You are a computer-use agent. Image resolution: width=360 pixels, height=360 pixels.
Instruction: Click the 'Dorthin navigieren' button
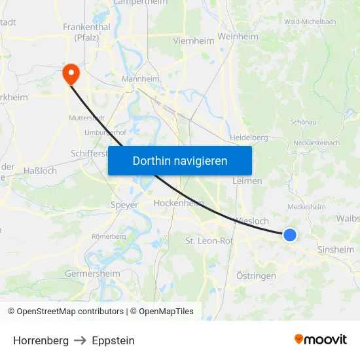point(180,160)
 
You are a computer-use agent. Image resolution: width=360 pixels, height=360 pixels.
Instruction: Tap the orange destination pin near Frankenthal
point(70,73)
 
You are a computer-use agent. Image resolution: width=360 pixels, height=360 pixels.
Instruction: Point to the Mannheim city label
point(141,79)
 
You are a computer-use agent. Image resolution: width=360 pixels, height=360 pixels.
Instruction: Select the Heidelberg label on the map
point(249,137)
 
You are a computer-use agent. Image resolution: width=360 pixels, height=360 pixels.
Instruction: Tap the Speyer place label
point(124,205)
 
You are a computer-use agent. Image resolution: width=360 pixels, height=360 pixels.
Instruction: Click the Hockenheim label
point(179,204)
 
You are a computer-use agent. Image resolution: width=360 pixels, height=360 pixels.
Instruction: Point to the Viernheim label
point(193,41)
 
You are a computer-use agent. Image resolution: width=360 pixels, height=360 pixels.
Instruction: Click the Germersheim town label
point(92,274)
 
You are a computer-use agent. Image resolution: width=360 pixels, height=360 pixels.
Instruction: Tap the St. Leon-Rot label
point(209,241)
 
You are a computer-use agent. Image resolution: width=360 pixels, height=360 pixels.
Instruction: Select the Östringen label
point(256,276)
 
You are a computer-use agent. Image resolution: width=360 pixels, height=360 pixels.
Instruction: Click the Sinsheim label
point(335,249)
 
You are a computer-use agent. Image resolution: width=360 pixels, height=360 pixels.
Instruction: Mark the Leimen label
point(247,181)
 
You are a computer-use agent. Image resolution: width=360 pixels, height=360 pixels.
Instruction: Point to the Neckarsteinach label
point(317,143)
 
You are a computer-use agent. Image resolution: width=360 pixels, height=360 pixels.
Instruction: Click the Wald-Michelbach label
point(310,22)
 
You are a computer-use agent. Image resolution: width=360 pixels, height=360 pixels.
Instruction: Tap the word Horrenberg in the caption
point(41,340)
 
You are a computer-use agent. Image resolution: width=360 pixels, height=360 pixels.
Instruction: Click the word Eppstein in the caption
point(113,340)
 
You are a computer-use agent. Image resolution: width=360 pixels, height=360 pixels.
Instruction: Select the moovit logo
point(320,339)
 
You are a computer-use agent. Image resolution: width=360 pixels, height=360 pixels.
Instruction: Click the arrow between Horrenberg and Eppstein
point(80,340)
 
